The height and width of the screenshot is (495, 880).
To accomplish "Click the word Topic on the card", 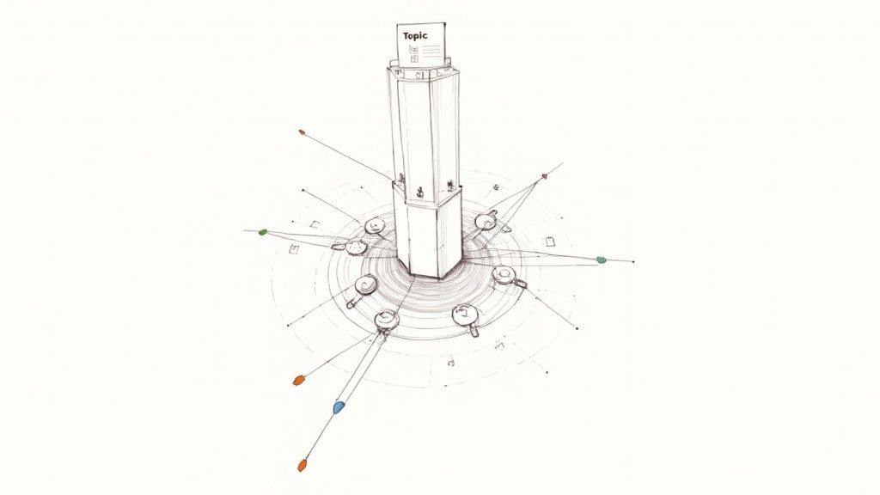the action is point(415,36).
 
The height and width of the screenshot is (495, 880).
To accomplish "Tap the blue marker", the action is point(339,407).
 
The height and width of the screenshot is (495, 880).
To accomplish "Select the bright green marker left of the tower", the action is point(262,232).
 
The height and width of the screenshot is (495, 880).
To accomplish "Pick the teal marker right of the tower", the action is point(601,260).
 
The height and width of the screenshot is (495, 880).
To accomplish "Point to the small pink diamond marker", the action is point(544,177).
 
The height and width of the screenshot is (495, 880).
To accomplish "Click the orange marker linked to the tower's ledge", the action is point(302,132).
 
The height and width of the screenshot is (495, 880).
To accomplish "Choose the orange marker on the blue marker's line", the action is point(302,465).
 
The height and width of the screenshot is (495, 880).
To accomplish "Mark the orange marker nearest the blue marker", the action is point(297,381).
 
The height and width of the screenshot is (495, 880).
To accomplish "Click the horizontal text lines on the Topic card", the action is point(431,52).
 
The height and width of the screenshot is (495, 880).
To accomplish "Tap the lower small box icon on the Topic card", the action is point(414,58).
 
